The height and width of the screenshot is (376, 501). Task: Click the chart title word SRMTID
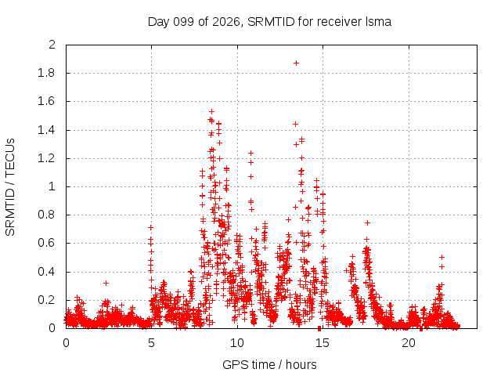pos(271,22)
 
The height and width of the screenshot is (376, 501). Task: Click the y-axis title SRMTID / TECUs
pos(10,187)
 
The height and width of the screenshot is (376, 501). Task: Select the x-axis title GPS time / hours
pos(269,364)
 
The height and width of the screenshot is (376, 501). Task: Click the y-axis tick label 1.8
pos(46,73)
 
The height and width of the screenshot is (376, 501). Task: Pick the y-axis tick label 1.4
pos(46,130)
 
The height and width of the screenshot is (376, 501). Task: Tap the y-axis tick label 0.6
pos(46,243)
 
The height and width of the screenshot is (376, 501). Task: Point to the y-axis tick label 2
pos(52,45)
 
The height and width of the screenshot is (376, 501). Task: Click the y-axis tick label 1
pos(52,186)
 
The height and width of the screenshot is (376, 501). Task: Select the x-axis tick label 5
pos(151,343)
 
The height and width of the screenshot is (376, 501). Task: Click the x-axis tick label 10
pos(236,343)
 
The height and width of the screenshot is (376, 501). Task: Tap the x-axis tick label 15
pos(323,343)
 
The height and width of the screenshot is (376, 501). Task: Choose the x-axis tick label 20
pos(409,343)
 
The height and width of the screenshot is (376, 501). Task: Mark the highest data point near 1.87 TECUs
pos(296,63)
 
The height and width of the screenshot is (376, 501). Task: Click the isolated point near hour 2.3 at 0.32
pos(106,283)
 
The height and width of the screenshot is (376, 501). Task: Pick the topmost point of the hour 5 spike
pos(150,227)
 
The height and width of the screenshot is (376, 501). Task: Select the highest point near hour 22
pos(442,257)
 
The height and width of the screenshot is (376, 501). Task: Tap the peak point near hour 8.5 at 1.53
pos(211,111)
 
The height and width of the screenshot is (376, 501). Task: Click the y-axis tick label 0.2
pos(46,300)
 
